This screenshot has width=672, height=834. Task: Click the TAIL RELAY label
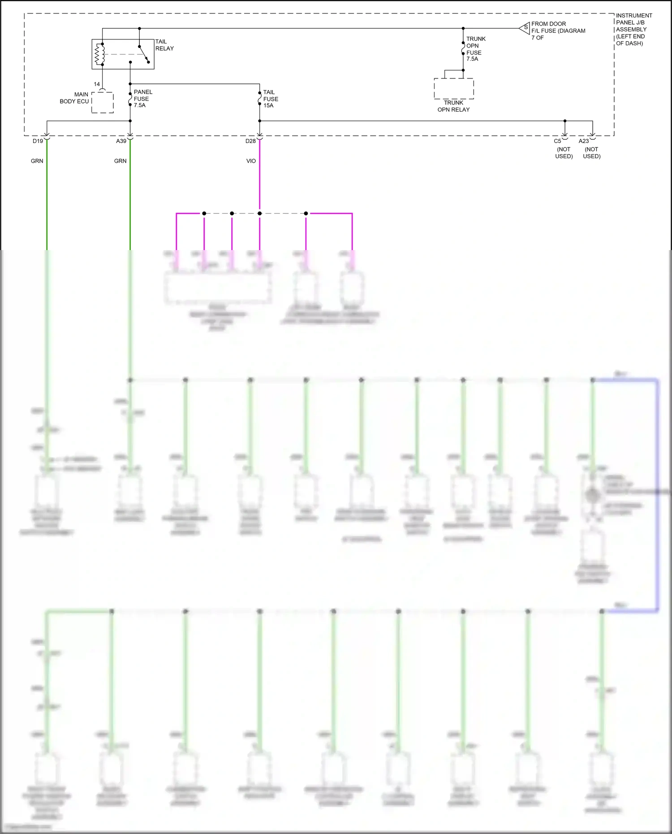click(164, 45)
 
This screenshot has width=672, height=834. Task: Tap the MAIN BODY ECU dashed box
click(103, 103)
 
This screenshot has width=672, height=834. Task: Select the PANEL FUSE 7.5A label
click(142, 99)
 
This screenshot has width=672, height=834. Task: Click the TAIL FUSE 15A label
click(271, 99)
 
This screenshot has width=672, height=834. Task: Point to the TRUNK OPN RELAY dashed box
click(454, 89)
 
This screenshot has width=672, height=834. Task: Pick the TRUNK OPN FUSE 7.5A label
click(475, 49)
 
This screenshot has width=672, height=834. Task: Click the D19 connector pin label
click(38, 141)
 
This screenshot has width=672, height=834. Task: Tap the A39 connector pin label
click(121, 141)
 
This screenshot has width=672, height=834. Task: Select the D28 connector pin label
click(250, 141)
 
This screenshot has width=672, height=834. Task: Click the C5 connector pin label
click(557, 141)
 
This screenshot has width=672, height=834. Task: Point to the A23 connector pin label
click(584, 141)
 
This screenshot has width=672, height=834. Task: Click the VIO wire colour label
click(251, 161)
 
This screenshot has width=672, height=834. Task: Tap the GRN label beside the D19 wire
click(37, 161)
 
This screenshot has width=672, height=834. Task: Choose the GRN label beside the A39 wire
click(121, 161)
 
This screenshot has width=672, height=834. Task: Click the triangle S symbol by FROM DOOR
click(525, 28)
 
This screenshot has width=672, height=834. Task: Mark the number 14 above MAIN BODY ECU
click(97, 84)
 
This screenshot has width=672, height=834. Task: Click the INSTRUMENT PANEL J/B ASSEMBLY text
click(633, 29)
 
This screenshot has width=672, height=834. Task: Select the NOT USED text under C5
click(564, 153)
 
